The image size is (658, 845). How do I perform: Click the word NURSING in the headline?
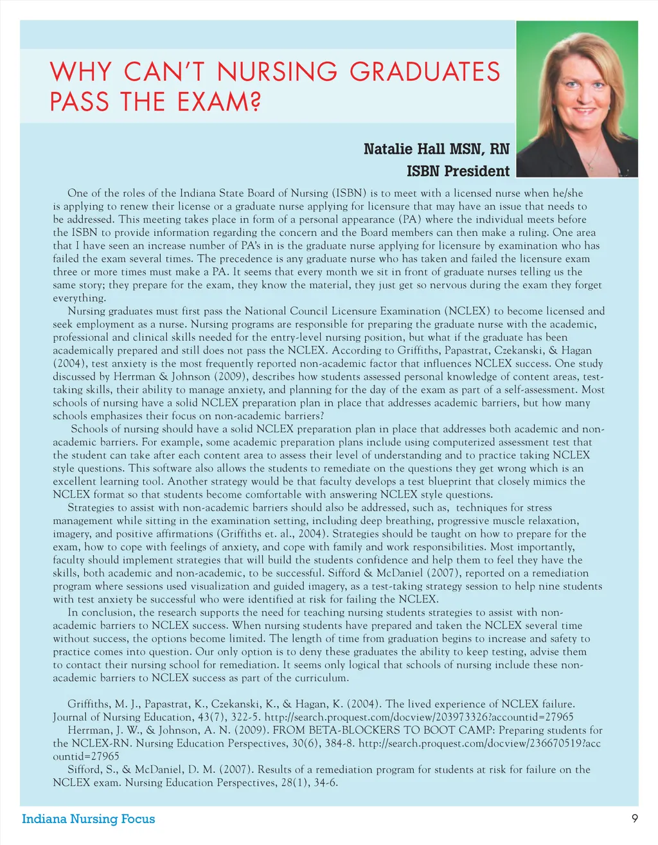277,71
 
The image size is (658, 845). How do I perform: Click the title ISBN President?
458,171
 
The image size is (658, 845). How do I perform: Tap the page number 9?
634,819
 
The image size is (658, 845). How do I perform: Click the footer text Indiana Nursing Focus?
89,819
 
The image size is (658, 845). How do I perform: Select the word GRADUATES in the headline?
425,71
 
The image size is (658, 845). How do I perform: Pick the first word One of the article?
77,193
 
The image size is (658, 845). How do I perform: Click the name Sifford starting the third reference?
85,769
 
